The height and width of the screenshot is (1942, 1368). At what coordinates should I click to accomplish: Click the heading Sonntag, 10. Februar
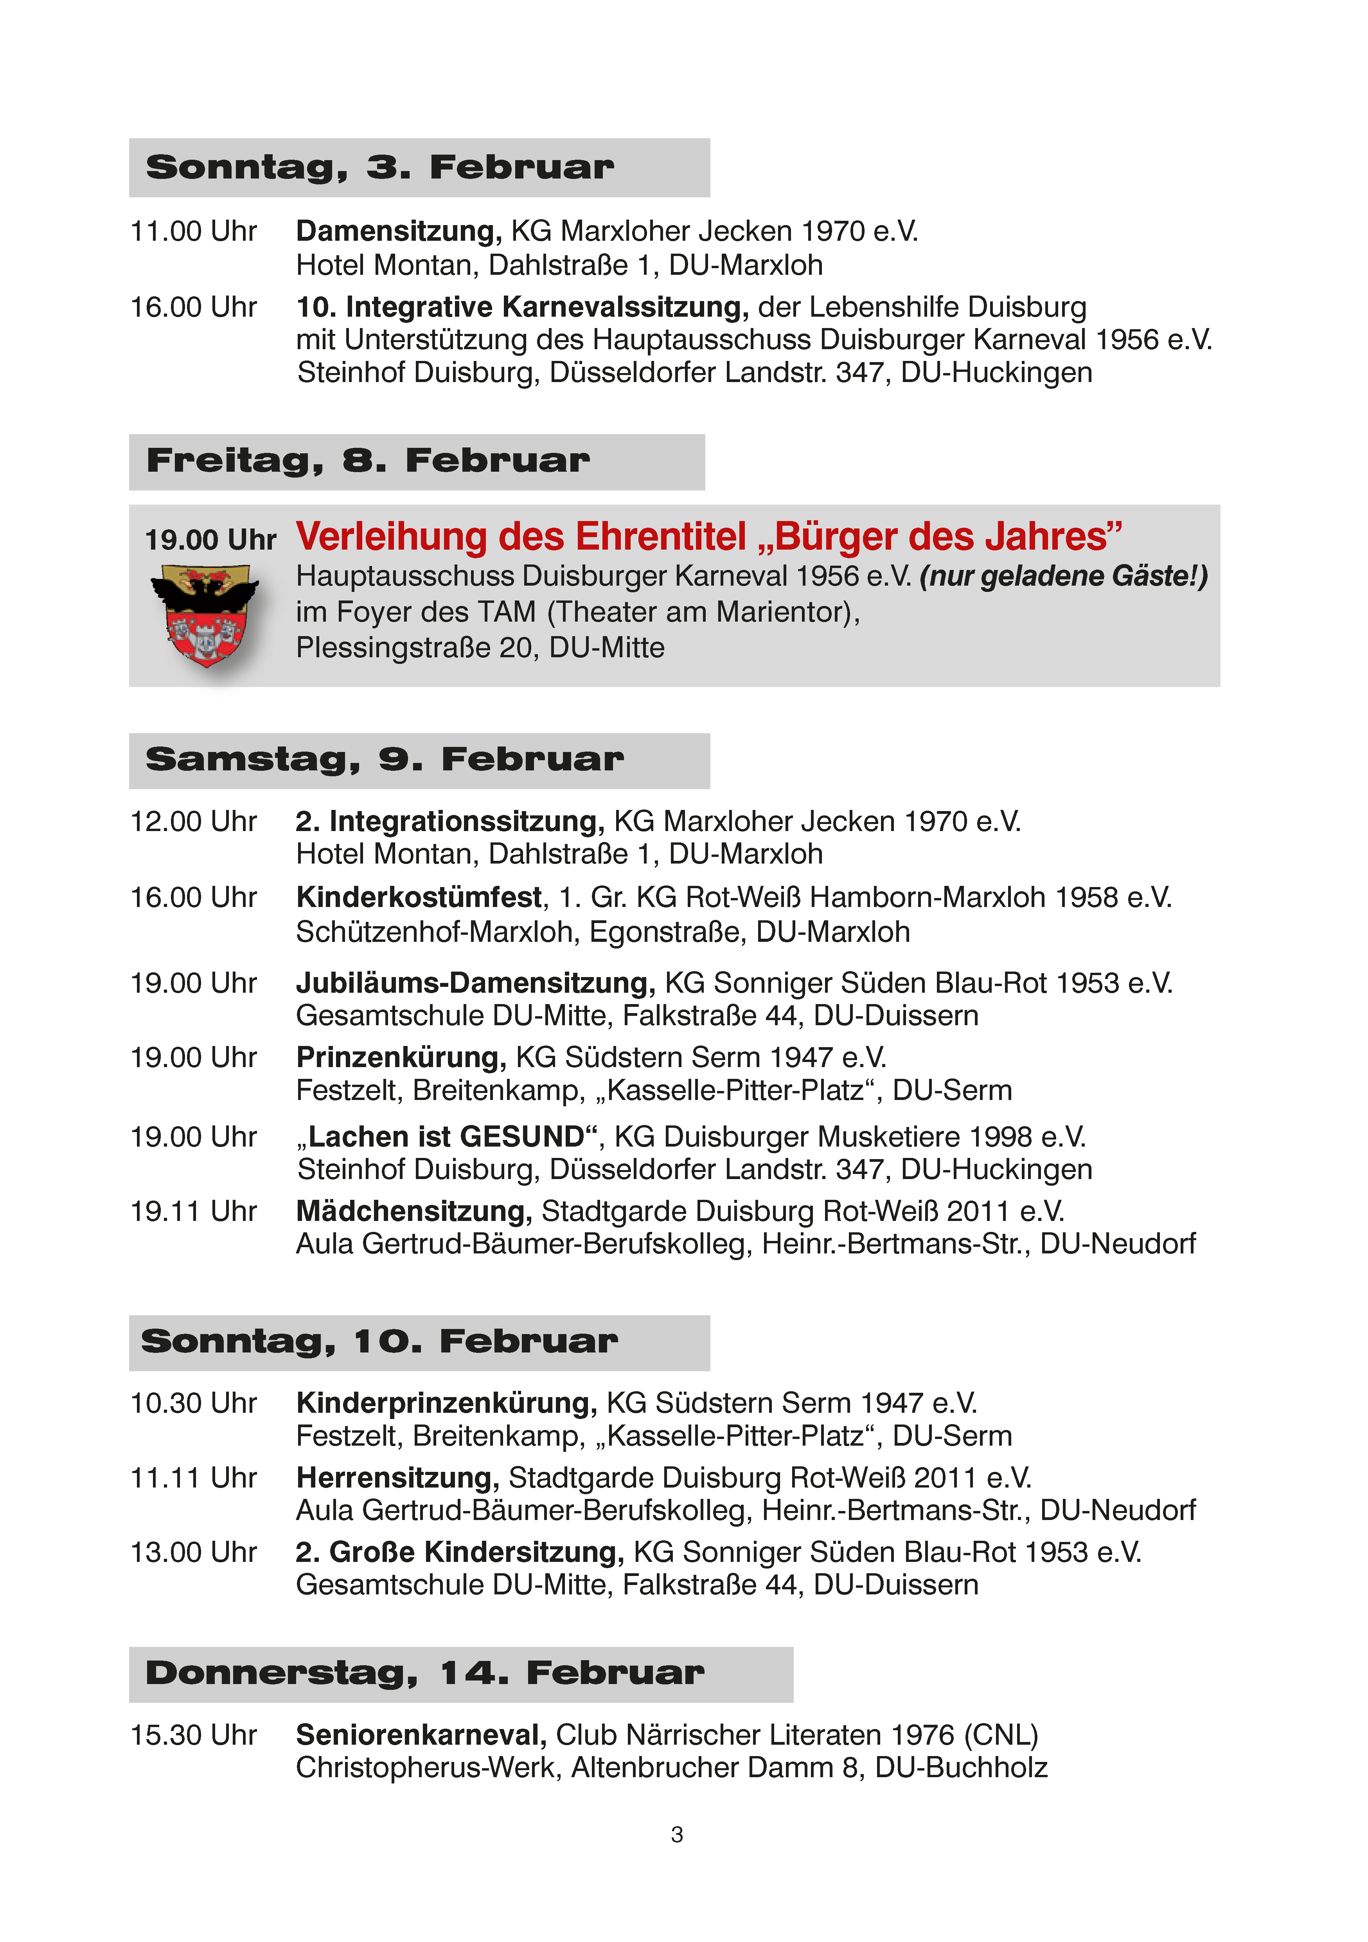click(379, 1342)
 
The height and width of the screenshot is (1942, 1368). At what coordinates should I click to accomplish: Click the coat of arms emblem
click(205, 615)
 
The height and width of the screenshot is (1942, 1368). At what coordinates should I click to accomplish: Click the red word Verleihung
click(391, 537)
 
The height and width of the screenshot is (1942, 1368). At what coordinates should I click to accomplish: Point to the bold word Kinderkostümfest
click(419, 898)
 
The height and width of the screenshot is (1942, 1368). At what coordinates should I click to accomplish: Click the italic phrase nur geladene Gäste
click(1061, 576)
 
